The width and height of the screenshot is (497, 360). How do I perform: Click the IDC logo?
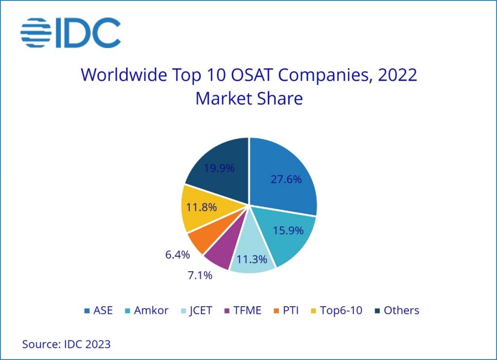[x=70, y=33]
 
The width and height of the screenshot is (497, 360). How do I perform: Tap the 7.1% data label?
[x=200, y=276]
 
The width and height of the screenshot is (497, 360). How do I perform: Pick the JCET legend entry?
[x=196, y=310]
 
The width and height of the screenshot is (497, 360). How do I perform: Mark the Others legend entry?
[x=396, y=310]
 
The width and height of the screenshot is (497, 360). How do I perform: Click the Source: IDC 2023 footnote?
[x=66, y=344]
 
